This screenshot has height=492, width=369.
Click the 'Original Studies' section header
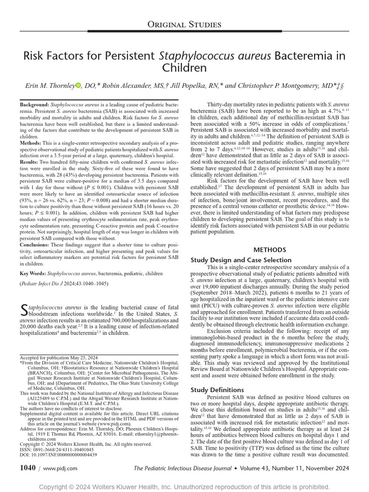[x=184, y=25]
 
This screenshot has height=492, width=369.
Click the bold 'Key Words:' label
[x=33, y=273]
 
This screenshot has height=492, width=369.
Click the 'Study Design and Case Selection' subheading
[x=241, y=260]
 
